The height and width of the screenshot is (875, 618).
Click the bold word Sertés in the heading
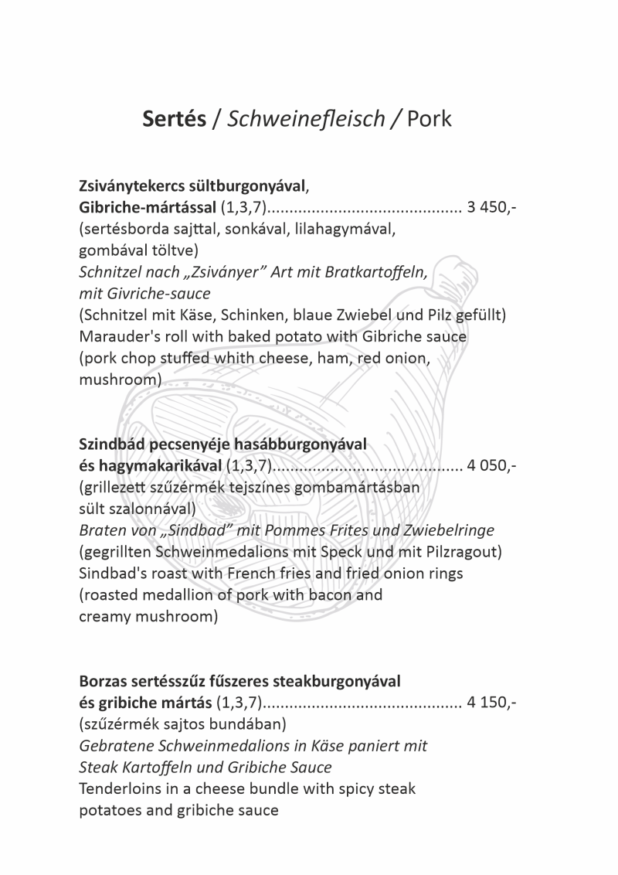coord(174,119)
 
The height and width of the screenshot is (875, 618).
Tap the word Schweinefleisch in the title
coord(306,119)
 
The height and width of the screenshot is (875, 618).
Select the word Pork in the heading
coord(430,119)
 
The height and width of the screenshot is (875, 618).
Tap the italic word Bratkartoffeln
coord(375,273)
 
